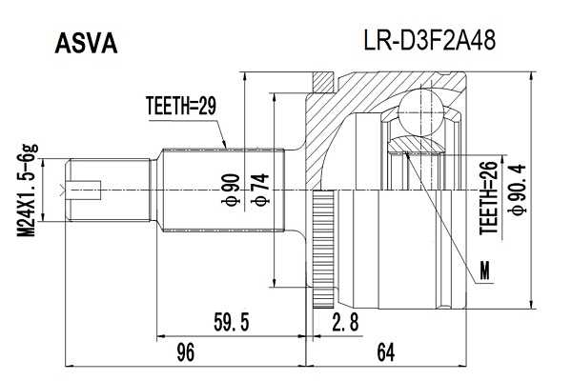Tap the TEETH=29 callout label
181,106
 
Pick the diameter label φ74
258,190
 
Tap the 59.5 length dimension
233,323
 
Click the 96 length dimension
186,353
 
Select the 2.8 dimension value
344,323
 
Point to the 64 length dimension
385,353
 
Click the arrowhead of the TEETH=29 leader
226,147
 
